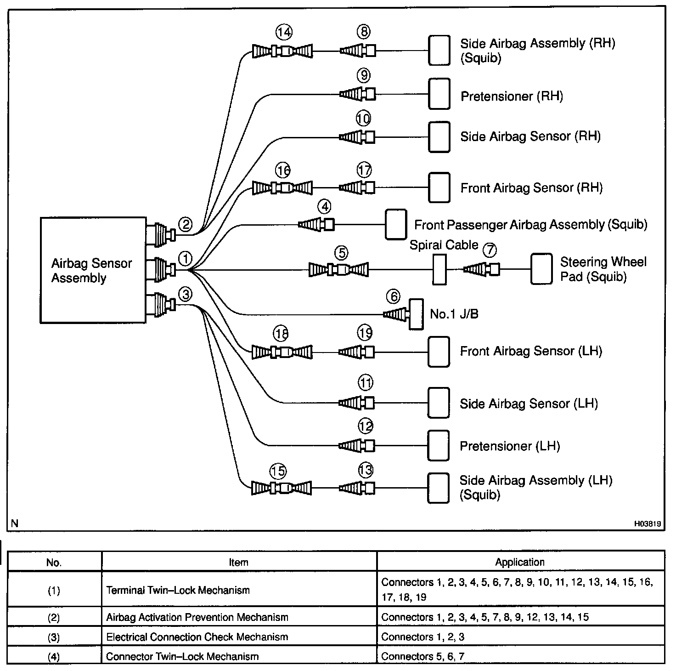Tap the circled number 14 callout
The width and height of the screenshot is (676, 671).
click(x=284, y=32)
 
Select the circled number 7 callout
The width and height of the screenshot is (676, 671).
click(x=490, y=250)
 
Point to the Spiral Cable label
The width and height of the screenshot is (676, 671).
click(x=444, y=245)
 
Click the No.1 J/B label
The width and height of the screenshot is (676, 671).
click(x=454, y=314)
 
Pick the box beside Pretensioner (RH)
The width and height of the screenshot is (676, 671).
click(x=439, y=94)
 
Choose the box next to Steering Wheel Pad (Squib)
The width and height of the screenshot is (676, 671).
click(x=541, y=269)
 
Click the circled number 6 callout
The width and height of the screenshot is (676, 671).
click(x=394, y=297)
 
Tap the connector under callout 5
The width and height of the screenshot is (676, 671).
click(x=338, y=269)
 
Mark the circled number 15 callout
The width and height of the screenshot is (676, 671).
click(x=278, y=471)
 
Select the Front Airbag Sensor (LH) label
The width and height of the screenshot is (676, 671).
click(x=531, y=351)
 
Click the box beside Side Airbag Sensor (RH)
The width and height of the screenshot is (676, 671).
click(x=439, y=136)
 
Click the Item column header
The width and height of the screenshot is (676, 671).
click(x=238, y=562)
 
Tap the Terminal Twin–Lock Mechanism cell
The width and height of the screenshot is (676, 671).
click(x=178, y=590)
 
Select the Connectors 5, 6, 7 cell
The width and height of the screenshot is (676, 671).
click(x=422, y=656)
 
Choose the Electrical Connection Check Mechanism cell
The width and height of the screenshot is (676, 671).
click(x=197, y=637)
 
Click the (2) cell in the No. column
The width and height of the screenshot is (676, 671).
click(x=54, y=617)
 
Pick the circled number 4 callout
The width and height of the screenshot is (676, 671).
click(x=325, y=207)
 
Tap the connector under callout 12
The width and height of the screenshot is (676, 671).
click(x=357, y=445)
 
